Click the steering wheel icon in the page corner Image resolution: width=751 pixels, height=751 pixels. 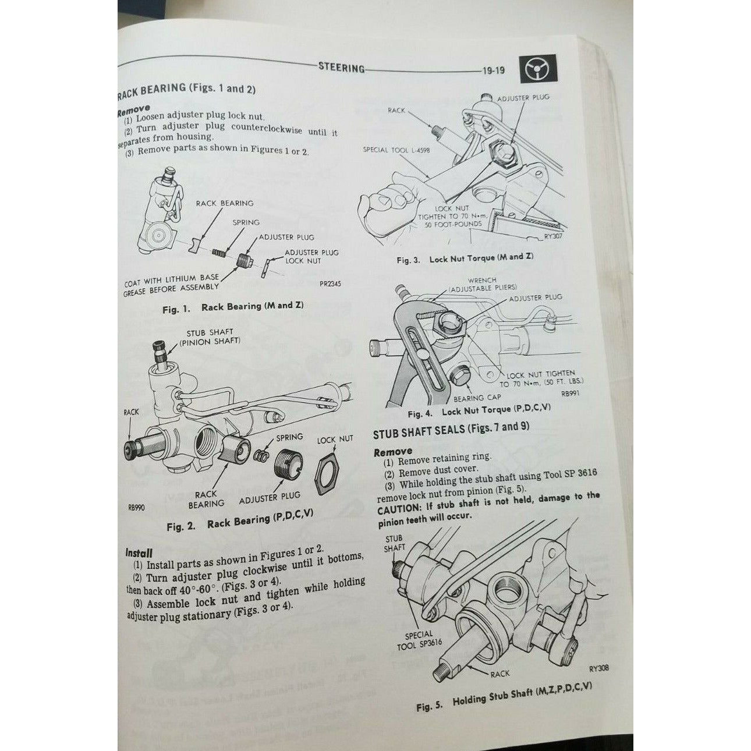(538, 68)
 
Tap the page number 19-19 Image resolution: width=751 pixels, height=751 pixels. (494, 70)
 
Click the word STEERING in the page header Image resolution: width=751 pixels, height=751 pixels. (341, 68)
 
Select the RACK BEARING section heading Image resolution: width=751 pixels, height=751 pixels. (187, 90)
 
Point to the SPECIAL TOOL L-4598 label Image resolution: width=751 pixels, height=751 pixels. (396, 150)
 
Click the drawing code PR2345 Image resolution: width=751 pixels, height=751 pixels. (330, 284)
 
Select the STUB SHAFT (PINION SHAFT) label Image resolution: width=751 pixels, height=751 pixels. (210, 337)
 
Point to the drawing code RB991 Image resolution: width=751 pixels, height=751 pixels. (570, 393)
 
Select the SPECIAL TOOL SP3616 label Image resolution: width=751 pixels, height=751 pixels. (419, 640)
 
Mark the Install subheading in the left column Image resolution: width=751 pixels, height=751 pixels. (139, 552)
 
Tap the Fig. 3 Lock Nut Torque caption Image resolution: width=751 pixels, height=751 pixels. (465, 258)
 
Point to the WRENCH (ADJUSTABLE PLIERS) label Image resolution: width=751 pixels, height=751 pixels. (482, 284)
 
